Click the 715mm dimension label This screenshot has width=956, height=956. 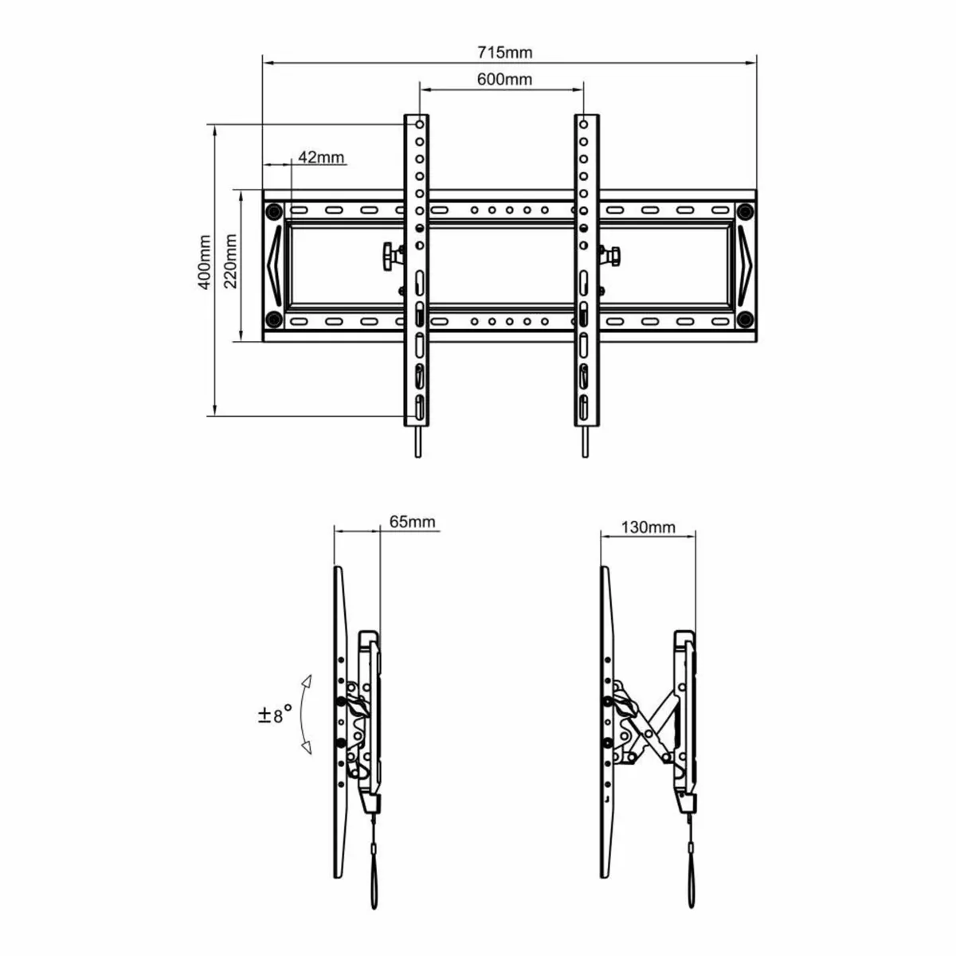[x=504, y=53]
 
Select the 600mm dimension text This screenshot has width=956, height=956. [x=504, y=80]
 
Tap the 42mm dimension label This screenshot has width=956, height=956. [x=321, y=157]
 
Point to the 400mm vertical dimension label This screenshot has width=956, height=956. [x=205, y=262]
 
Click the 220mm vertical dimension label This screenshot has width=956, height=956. [x=230, y=262]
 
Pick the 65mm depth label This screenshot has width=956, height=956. [x=412, y=522]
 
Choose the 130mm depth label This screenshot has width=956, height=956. [x=648, y=527]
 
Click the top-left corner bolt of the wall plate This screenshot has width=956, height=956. [x=273, y=211]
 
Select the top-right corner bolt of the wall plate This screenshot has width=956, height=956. [x=745, y=211]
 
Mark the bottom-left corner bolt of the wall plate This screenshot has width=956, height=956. [x=273, y=319]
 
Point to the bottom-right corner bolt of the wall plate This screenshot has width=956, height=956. [x=745, y=319]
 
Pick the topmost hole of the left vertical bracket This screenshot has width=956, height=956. [x=418, y=125]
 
